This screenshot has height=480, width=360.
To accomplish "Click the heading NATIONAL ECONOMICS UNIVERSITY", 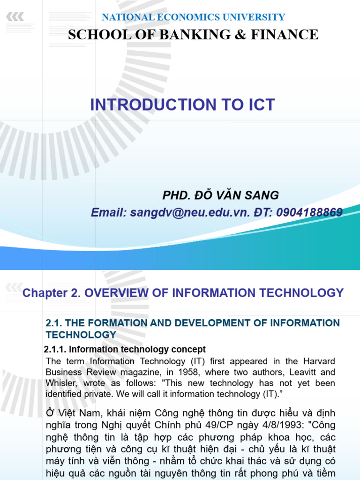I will pyautogui.click(x=193, y=17).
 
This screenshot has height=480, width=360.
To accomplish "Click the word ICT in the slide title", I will pyautogui.click(x=257, y=105).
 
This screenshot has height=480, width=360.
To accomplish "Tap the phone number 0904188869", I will pyautogui.click(x=309, y=212).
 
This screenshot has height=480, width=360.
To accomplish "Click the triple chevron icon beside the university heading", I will pyautogui.click(x=15, y=17).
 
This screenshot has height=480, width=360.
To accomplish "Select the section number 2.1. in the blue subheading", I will pyautogui.click(x=55, y=323).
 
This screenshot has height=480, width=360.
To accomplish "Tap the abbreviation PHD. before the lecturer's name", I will pyautogui.click(x=177, y=195).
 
